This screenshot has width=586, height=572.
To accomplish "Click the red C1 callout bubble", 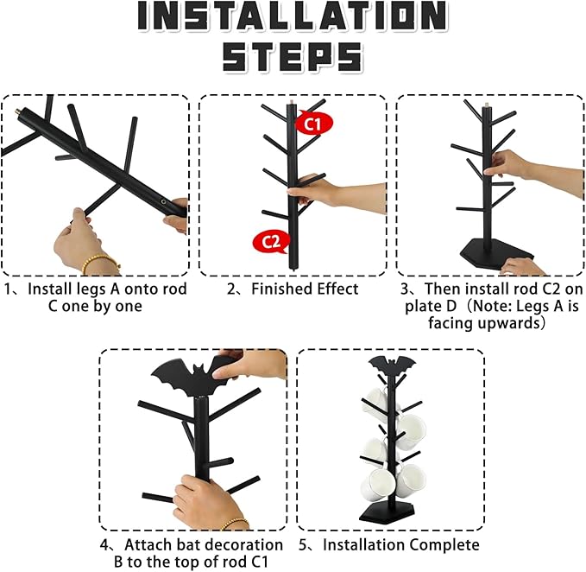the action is [x=314, y=123].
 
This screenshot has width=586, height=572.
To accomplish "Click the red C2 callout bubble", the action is [x=272, y=242].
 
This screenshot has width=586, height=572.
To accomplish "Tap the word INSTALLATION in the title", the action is [x=293, y=16].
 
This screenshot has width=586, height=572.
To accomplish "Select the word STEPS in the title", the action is [x=293, y=56].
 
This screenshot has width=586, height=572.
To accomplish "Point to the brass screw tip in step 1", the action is [x=17, y=111].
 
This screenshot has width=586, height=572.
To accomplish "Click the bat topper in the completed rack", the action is [x=392, y=365].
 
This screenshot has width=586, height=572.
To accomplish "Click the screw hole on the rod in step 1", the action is [x=163, y=202].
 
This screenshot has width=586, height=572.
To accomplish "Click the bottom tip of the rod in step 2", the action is [x=293, y=270].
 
